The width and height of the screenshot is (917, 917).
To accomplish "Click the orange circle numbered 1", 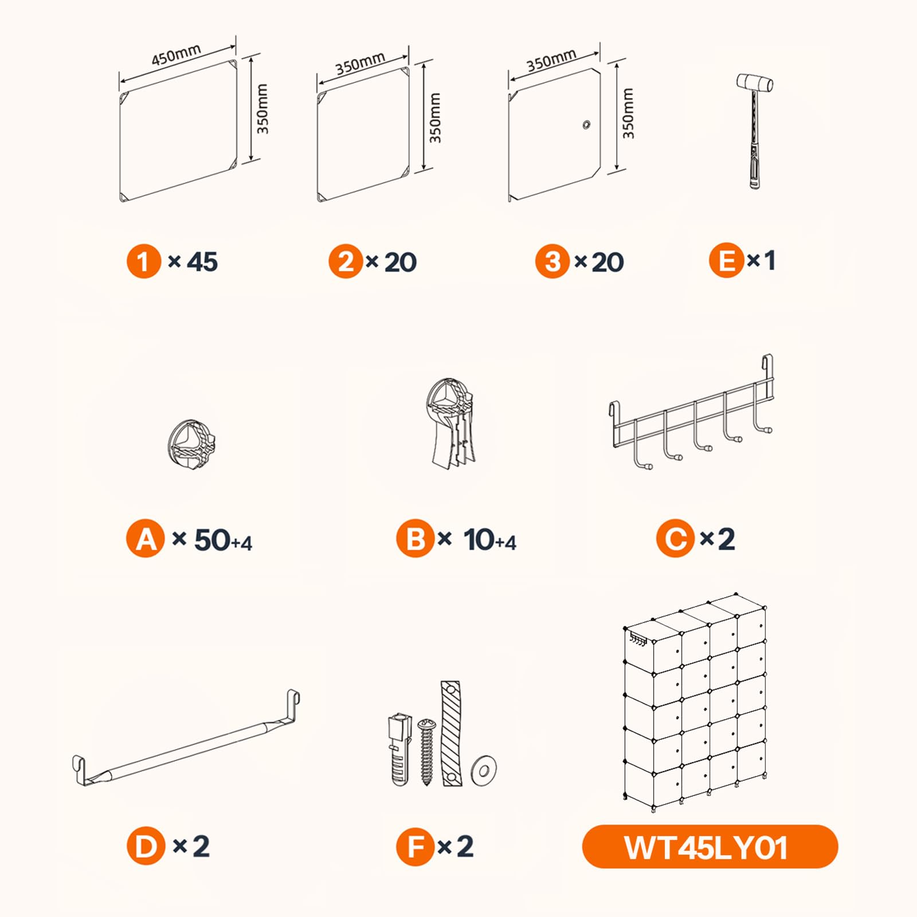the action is point(144,261).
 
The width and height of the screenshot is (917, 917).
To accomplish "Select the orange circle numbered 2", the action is point(346,261).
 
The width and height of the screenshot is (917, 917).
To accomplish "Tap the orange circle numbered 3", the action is point(552,261).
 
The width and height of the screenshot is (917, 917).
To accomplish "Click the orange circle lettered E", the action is point(727,261).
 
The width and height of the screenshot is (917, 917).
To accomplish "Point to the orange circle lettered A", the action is point(146,539).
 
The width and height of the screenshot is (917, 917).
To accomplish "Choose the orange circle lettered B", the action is point(416,539).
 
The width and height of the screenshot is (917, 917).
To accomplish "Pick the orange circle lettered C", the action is point(676,538).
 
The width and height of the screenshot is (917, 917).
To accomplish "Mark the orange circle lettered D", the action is point(146,845).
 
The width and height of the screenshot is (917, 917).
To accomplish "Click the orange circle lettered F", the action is point(416,847).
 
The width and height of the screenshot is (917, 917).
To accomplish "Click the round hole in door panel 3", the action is point(586,124).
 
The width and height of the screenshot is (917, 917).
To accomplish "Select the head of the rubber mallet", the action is point(755,83).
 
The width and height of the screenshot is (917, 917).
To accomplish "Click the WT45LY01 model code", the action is point(706,848).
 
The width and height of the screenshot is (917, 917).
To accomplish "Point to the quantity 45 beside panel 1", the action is point(202,262).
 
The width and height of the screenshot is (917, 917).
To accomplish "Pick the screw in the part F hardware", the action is point(426,752).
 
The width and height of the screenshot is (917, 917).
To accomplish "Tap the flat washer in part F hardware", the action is point(483,769).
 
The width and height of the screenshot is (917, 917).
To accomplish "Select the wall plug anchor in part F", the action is point(399,749).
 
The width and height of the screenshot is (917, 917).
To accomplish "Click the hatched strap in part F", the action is point(451,734).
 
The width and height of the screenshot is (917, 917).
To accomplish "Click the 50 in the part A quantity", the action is point(212,540).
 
